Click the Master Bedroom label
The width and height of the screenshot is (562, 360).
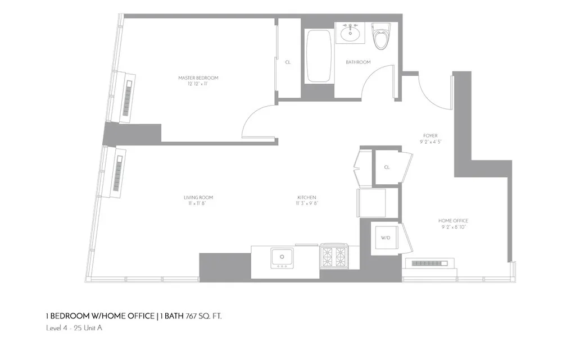click(x=198, y=78)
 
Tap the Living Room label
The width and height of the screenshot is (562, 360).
click(x=198, y=198)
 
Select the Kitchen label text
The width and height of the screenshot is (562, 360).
click(x=307, y=198)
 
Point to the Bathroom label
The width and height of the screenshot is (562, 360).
click(x=358, y=62)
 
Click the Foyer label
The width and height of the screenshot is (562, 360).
click(x=430, y=136)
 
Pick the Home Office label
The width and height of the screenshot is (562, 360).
click(x=453, y=221)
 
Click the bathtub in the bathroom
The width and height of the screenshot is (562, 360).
click(x=319, y=57)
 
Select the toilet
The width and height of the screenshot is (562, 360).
click(x=382, y=37)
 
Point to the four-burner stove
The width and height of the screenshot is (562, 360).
click(x=334, y=257)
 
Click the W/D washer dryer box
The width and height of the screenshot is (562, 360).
click(x=386, y=238)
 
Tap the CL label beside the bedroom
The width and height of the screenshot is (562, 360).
click(x=288, y=62)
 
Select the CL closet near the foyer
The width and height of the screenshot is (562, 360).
click(x=387, y=167)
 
